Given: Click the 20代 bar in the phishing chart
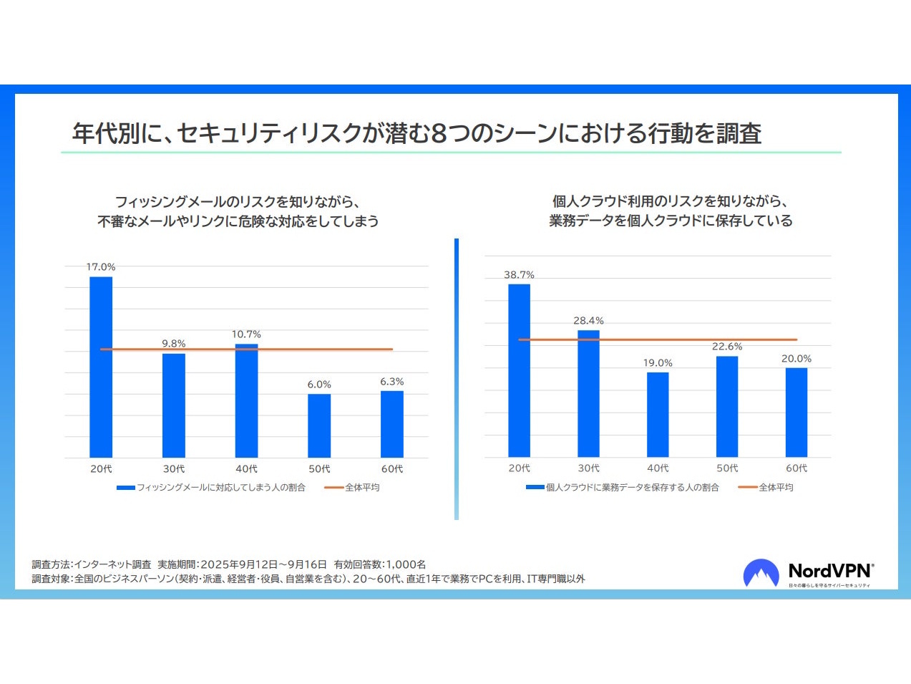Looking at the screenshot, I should coord(101,367).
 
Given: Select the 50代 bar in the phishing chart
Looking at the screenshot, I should coord(319,425).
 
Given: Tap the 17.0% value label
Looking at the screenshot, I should coord(101,267).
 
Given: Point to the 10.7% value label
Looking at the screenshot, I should coord(246,334).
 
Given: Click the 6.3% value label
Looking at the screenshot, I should coord(392,382).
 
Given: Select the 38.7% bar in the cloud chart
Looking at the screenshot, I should coord(519,370).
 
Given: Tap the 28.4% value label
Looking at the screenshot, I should coord(588,321).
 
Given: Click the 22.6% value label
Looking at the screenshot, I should coord(727,347).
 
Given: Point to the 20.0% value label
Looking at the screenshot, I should coord(796,359).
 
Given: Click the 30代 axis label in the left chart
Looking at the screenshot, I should coord(174,469).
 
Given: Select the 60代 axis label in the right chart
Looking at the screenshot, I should coord(796,468).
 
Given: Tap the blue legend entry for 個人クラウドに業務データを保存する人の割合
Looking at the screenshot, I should coord(623,488).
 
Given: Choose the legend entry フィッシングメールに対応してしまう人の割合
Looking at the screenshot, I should coord(212,488).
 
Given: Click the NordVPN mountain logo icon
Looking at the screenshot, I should coord(761,573).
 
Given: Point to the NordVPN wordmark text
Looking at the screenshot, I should coord(830,571).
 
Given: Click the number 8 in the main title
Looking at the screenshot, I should coord(439,134).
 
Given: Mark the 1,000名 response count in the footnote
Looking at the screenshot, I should coord(406,564).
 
